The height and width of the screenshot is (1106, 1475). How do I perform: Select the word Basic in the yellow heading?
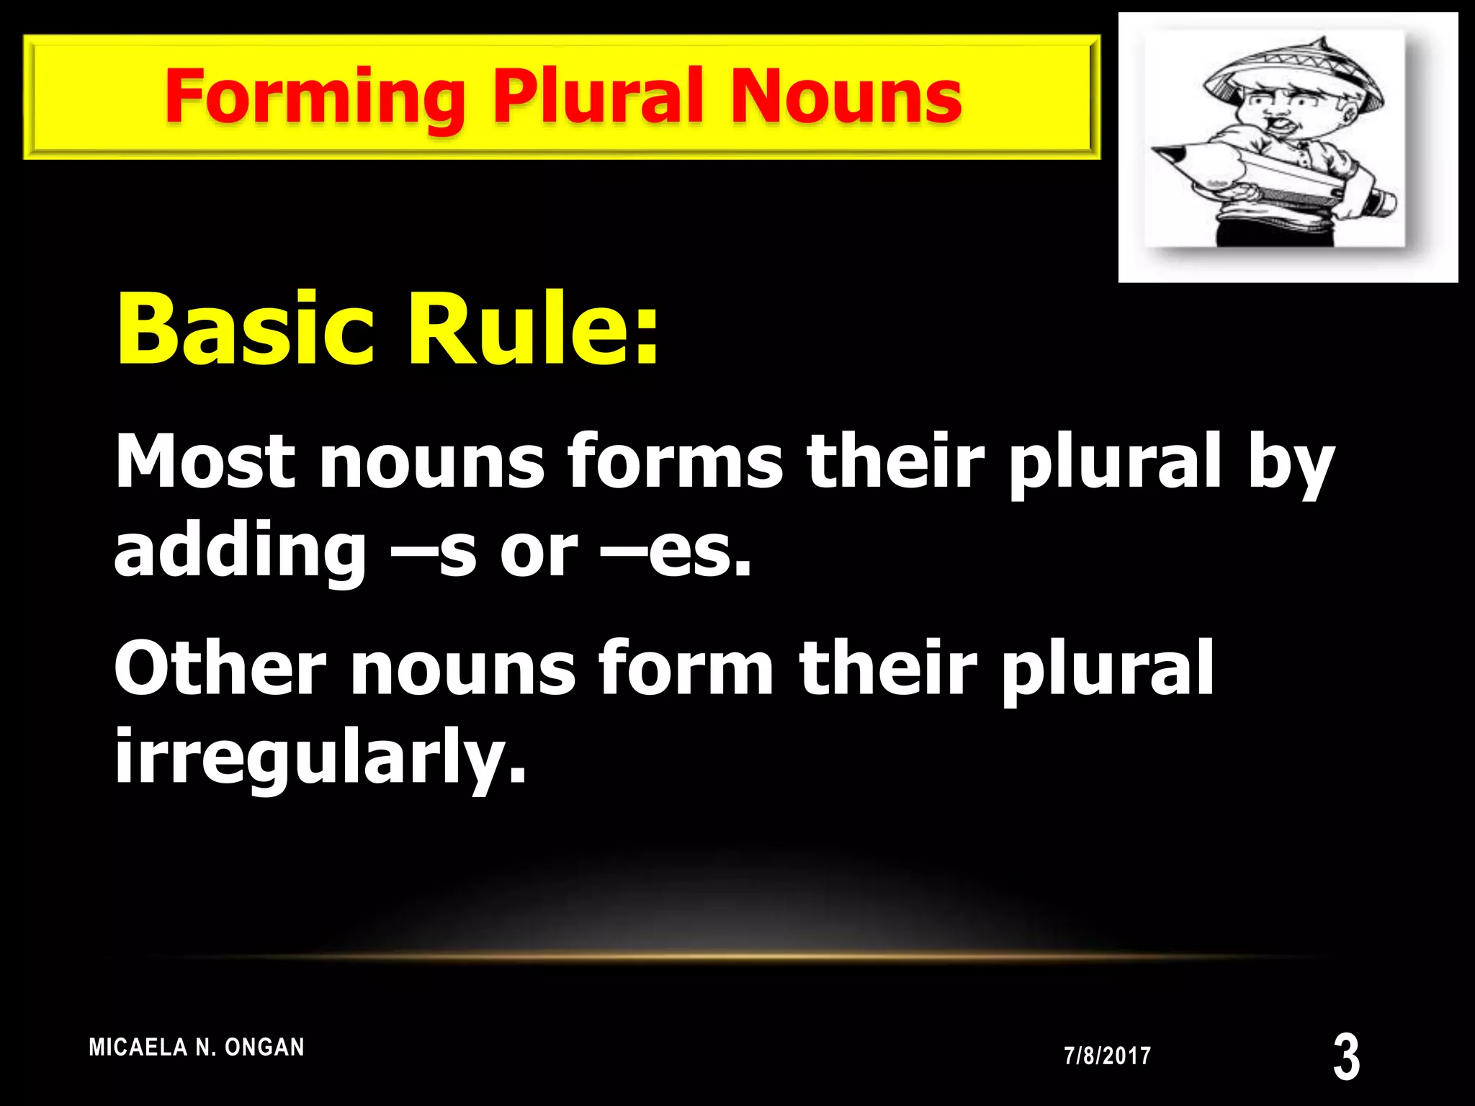[x=245, y=330]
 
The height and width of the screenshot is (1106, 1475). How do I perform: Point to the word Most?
[x=205, y=462]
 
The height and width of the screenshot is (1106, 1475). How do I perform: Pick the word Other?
[x=220, y=669]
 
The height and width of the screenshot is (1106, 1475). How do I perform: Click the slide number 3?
[x=1346, y=1056]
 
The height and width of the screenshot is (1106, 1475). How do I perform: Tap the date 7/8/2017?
[x=1107, y=1056]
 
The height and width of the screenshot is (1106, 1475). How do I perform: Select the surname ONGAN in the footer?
[x=264, y=1047]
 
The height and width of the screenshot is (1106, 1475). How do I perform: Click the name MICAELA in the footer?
[x=138, y=1047]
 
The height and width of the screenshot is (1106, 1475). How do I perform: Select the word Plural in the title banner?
[x=597, y=96]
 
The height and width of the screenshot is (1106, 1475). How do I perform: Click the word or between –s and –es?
[x=539, y=553]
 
